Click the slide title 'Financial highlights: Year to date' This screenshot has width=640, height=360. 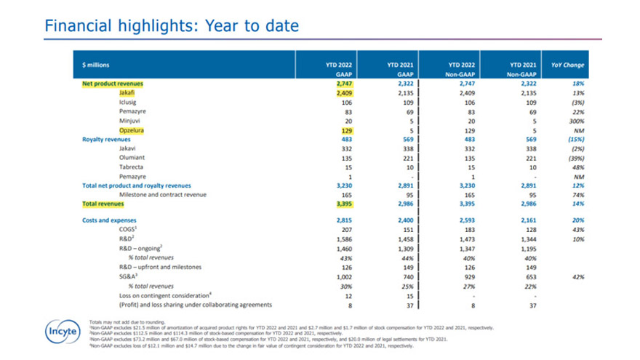[171, 26]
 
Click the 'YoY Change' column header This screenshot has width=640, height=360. [567, 65]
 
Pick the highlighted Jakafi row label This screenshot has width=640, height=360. [129, 93]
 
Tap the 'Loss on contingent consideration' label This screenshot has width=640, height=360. [167, 295]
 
